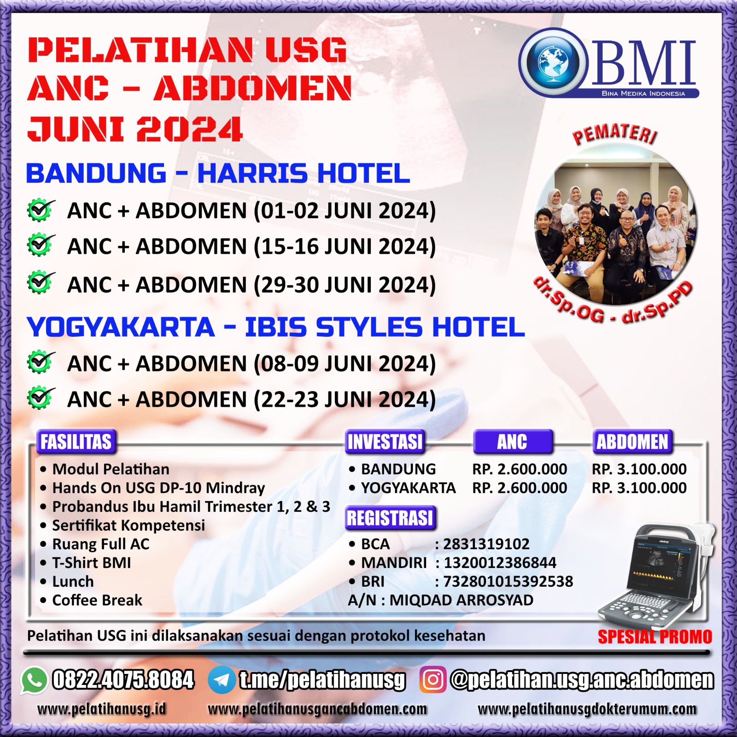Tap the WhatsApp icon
coord(34,680)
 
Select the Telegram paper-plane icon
coord(222,680)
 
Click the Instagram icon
coord(433,680)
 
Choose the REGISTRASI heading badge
coord(390,518)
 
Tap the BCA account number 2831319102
coord(486,544)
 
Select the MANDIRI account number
coord(500,562)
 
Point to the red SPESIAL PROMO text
coord(655,637)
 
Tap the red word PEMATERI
coord(614,134)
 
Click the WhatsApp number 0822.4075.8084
coord(123,680)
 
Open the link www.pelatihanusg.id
coord(101,709)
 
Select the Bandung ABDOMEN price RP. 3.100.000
coord(639,469)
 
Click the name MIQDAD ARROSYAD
coord(461,600)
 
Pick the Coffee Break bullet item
coord(91,600)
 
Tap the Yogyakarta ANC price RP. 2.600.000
coord(520,488)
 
